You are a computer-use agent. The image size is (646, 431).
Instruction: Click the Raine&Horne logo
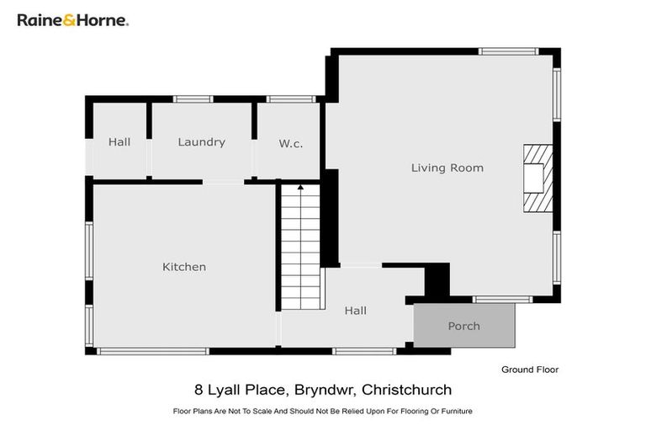[x=73, y=19]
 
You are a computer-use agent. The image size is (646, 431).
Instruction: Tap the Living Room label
[x=447, y=168]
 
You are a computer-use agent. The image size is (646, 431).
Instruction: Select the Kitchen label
[x=183, y=267]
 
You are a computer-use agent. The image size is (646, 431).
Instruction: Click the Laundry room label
[x=201, y=142]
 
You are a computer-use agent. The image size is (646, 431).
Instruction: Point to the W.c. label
[x=290, y=144]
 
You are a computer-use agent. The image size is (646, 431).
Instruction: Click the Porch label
[x=463, y=326]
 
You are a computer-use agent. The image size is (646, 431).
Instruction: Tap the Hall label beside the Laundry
[x=119, y=142]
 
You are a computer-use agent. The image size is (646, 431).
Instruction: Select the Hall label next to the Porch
[x=355, y=311]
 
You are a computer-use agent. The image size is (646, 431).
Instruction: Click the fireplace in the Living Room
[x=537, y=178]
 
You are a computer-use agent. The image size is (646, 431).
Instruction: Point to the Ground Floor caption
[x=529, y=370]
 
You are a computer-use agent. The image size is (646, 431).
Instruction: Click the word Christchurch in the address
[x=408, y=390]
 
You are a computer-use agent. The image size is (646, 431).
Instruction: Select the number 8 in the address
[x=199, y=390]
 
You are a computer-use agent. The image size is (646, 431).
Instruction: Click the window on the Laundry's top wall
[x=193, y=99]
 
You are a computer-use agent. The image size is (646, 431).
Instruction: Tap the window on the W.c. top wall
[x=291, y=99]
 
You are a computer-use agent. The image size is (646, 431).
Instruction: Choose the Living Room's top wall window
[x=508, y=51]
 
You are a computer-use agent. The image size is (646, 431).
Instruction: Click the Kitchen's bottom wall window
[x=152, y=350]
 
